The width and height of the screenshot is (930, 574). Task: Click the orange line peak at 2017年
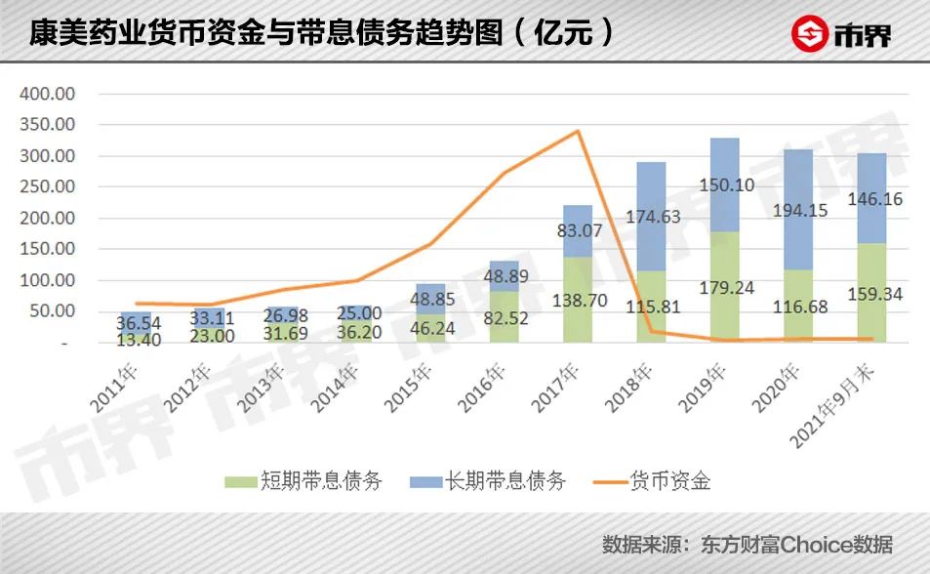pyautogui.click(x=579, y=131)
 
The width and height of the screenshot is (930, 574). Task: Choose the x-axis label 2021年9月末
pyautogui.click(x=848, y=401)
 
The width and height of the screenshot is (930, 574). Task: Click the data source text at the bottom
pyautogui.click(x=747, y=543)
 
